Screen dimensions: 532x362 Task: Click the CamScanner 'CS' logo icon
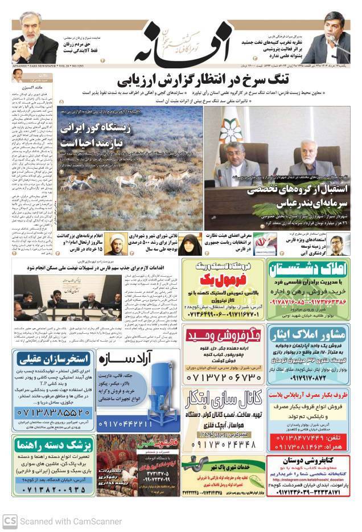[x=9, y=520]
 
